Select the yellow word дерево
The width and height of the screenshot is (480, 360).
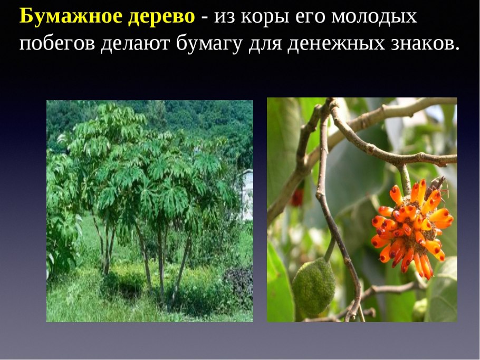point(161,16)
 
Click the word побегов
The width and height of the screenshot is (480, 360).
point(57,43)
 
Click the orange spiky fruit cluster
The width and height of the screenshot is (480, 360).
point(412,228)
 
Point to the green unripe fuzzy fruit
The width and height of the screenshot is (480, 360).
point(313,287)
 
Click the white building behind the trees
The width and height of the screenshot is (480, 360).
point(247,194)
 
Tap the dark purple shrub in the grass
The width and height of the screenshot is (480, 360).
point(239,281)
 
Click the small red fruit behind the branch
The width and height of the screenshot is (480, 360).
point(297,197)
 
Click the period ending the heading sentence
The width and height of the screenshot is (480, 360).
point(457,48)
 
